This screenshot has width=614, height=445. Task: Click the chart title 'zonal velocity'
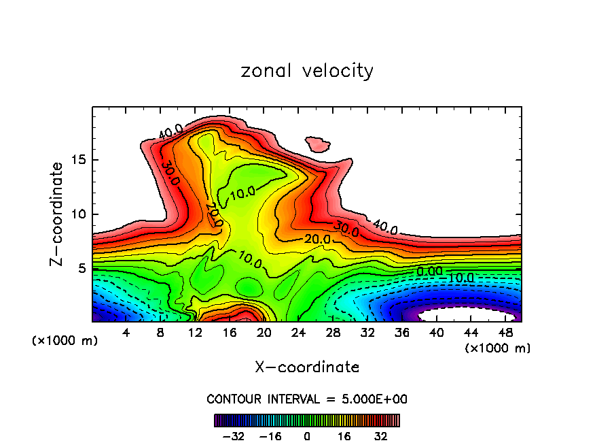307,71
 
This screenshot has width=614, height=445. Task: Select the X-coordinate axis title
307,367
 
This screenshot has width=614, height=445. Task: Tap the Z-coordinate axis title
57,214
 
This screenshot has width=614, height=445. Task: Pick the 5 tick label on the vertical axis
82,268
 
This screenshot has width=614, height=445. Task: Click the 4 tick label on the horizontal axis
126,332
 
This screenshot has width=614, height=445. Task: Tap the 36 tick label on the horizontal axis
402,332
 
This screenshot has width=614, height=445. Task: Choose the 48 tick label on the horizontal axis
506,332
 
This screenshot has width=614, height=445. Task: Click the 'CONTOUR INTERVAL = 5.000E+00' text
307,399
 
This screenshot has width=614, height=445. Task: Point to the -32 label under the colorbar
233,436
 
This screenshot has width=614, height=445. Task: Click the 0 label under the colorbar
307,436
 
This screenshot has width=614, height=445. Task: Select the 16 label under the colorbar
344,436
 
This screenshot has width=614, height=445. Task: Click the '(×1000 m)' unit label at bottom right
498,348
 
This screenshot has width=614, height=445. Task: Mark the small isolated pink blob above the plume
317,144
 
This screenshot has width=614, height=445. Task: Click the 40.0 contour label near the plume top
170,131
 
